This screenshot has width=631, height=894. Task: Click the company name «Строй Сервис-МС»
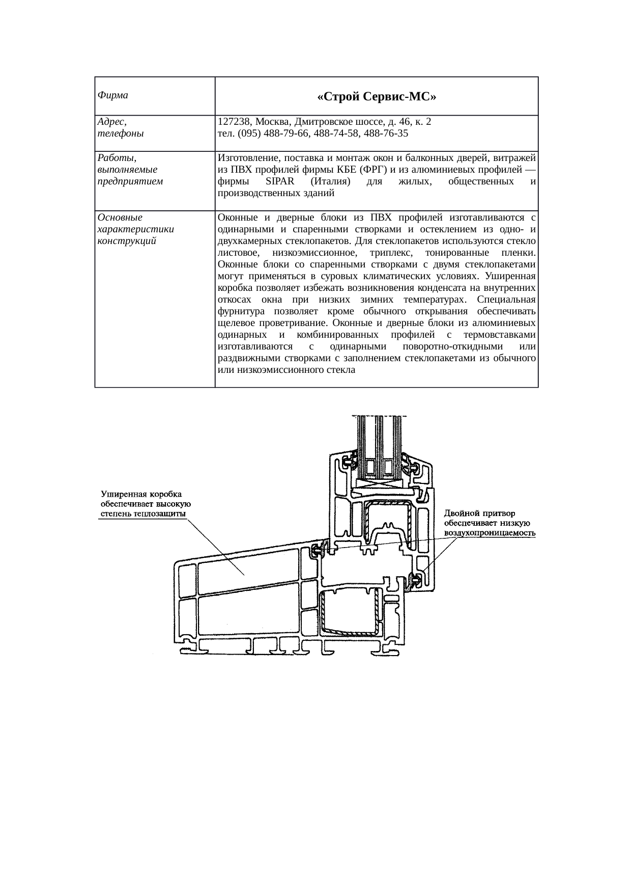click(377, 96)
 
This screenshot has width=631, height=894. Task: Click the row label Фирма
click(112, 95)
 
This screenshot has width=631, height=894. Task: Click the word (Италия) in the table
click(331, 182)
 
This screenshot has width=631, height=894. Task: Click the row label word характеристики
click(135, 229)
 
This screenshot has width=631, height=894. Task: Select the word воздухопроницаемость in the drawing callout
click(490, 532)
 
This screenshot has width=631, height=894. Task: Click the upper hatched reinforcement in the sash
click(387, 520)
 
